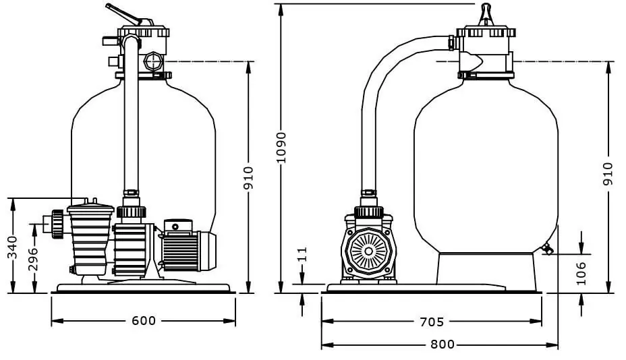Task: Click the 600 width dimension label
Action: pyautogui.click(x=143, y=321)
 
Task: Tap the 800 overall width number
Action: pyautogui.click(x=442, y=344)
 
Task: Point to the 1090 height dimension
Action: pyautogui.click(x=281, y=145)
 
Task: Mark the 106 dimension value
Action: pyautogui.click(x=581, y=273)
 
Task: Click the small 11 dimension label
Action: pyautogui.click(x=303, y=254)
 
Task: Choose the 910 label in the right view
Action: pyautogui.click(x=608, y=174)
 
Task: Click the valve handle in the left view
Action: pyautogui.click(x=123, y=15)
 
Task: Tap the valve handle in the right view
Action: pyautogui.click(x=485, y=13)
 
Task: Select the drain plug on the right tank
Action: pyautogui.click(x=546, y=250)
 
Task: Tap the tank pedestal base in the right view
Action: pyautogui.click(x=486, y=268)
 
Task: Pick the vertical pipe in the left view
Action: pyautogui.click(x=131, y=121)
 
